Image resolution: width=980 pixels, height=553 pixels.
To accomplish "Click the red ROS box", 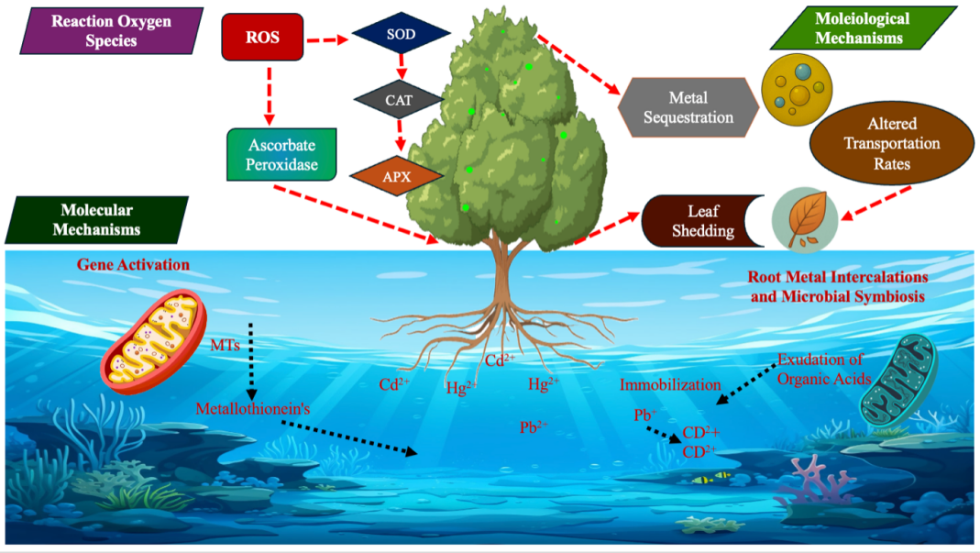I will [x=262, y=39].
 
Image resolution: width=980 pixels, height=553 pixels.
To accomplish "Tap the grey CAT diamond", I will [x=399, y=100].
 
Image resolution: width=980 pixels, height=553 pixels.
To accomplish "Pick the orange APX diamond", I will [x=397, y=174].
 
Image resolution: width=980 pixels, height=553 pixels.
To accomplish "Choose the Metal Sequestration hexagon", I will [x=688, y=107].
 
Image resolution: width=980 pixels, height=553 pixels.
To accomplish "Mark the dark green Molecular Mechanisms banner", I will [x=96, y=220].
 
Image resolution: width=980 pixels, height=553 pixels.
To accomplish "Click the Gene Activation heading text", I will [x=133, y=265].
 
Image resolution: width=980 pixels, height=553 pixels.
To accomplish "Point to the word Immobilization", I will [x=670, y=384].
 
